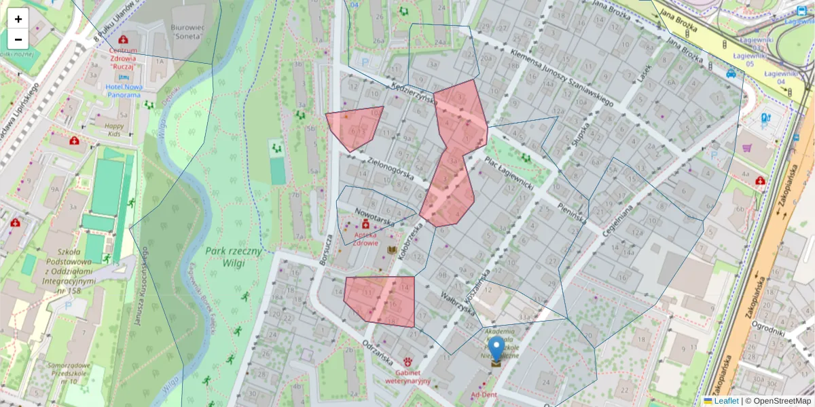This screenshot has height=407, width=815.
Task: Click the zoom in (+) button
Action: coord(18,19)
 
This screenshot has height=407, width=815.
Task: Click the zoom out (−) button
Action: coord(18,39)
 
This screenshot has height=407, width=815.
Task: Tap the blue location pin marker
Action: coord(496,350)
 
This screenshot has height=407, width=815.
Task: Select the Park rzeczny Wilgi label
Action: coord(234,258)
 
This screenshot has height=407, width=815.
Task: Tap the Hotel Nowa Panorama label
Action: coord(123,91)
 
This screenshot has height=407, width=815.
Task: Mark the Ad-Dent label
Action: coord(484,395)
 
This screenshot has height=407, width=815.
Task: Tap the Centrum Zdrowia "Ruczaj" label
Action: coord(123,58)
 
